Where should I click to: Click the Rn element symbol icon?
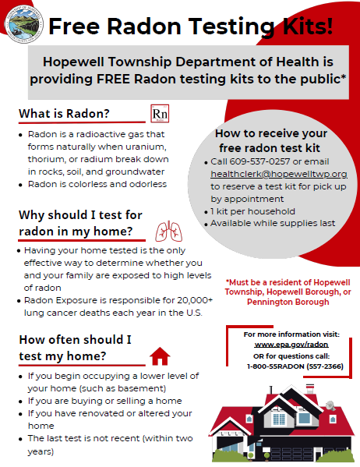tap(159, 114)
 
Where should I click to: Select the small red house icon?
tap(160, 356)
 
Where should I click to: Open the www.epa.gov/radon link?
tap(281, 344)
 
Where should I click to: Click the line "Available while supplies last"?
tap(273, 223)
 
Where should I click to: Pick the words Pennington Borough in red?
tap(277, 302)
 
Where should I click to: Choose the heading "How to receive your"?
tap(266, 133)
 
